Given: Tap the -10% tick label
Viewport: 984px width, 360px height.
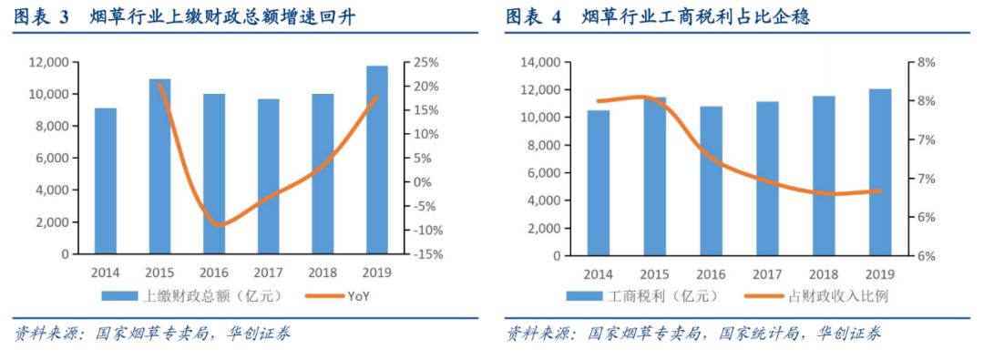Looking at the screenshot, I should click(x=426, y=231).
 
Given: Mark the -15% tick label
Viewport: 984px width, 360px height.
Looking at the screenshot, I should click(x=426, y=255).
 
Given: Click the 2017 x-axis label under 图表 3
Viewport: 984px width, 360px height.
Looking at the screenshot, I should click(x=268, y=273).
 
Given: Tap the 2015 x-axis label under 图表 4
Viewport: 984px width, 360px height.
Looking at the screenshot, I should click(x=654, y=273).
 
